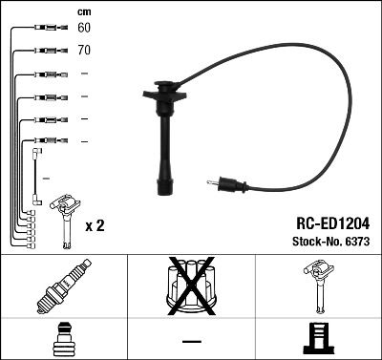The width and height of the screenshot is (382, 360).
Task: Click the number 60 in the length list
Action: coord(84,29)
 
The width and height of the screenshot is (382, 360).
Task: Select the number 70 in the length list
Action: coord(84,48)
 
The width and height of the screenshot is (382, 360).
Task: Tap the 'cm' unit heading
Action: coord(82,11)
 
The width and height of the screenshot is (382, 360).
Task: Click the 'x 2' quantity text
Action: coord(95,225)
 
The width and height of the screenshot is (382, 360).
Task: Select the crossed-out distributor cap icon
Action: coord(190,286)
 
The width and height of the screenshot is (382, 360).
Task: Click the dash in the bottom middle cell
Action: coord(191,340)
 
